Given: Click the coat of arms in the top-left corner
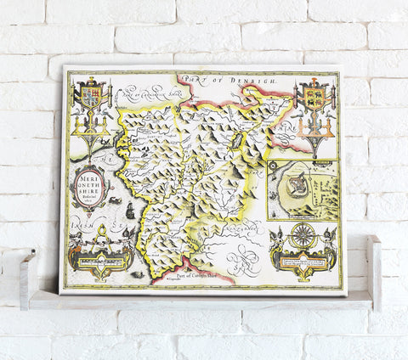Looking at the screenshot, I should coord(90,96).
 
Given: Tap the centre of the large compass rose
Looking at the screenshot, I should coord(303,234).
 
